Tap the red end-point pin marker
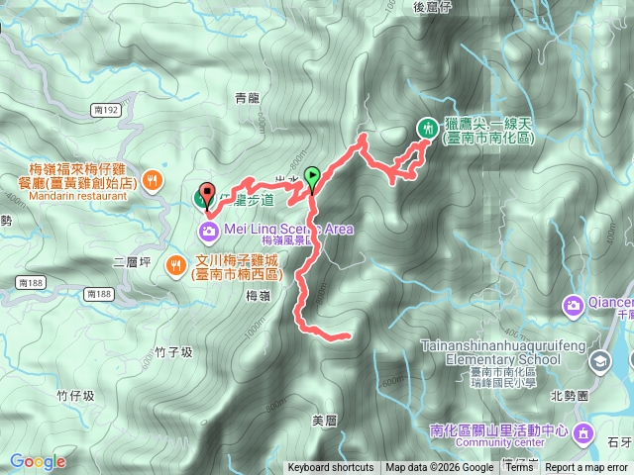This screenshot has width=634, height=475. tap(207, 194)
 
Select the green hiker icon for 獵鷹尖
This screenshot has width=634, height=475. tap(428, 128)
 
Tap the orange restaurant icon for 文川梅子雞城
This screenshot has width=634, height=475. tap(175, 264)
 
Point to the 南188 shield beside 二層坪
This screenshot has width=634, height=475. tap(99, 294)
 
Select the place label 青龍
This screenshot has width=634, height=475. tap(247, 97)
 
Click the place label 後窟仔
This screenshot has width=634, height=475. tap(433, 8)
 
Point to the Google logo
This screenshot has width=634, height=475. tap(38, 461)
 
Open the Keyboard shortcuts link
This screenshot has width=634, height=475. tap(331, 468)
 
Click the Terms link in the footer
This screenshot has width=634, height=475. tap(518, 468)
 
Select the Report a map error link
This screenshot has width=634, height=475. tap(587, 468)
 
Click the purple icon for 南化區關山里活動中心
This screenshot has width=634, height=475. tap(582, 432)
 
